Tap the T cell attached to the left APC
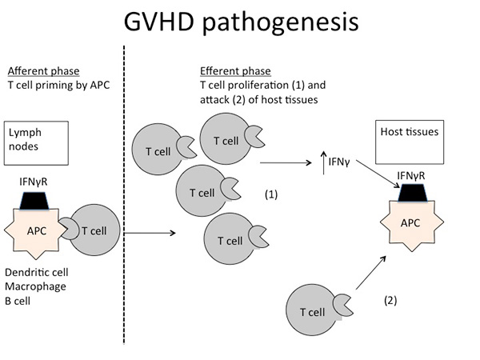coord(96,232)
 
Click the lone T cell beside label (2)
coord(313,313)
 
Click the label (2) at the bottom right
coord(390,301)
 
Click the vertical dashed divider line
coord(125,200)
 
